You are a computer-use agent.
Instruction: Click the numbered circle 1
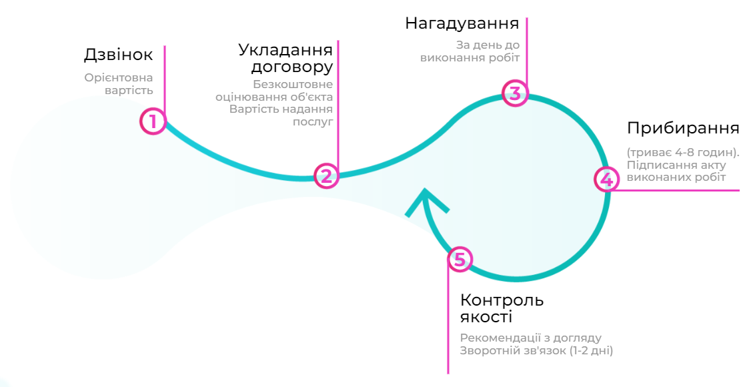153,121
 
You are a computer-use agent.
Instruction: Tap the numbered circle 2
326,176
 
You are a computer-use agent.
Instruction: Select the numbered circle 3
516,93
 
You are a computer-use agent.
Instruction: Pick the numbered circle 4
607,179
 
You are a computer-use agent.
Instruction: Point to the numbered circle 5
460,259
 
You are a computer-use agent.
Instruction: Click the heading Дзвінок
119,55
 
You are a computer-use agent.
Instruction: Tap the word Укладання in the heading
285,50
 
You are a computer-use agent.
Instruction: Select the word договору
292,67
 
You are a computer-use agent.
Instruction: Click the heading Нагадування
462,23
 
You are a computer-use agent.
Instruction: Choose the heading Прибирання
683,128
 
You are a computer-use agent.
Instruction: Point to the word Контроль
502,300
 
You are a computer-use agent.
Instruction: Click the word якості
486,317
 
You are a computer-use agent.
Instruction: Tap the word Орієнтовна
119,78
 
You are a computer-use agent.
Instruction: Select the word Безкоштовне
293,85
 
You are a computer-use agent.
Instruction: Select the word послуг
313,122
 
